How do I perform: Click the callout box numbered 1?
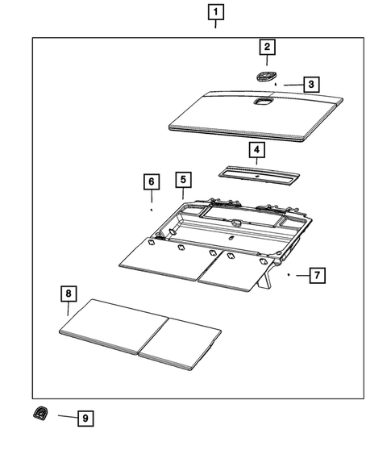(x=216, y=12)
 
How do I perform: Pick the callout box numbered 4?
(x=256, y=150)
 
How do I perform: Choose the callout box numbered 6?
(x=150, y=181)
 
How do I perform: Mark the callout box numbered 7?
(x=317, y=275)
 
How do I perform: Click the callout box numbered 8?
(x=69, y=294)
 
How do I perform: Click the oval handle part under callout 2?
(x=264, y=75)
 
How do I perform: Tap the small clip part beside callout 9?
(x=38, y=415)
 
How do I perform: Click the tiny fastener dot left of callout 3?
(x=276, y=83)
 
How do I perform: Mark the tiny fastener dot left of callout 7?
(x=289, y=275)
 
